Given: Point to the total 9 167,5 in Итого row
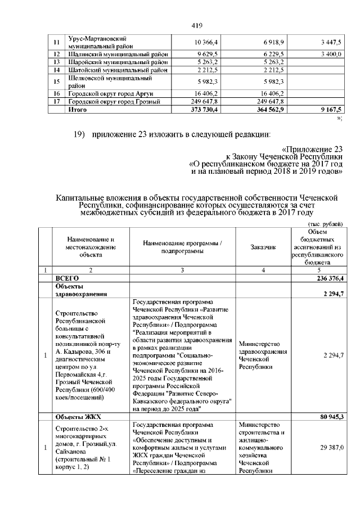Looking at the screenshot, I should (x=330, y=110).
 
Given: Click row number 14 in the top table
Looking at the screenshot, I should (x=56, y=70).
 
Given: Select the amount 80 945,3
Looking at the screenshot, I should (x=330, y=417).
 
